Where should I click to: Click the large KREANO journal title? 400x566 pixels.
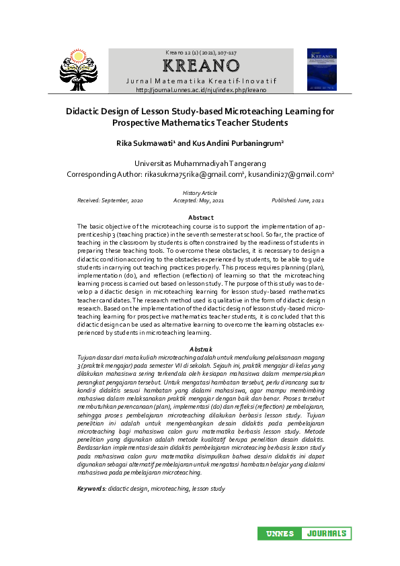[x=201, y=66]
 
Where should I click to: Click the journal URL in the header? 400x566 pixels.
[x=201, y=89]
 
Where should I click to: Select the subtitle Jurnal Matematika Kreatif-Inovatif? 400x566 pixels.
[x=201, y=81]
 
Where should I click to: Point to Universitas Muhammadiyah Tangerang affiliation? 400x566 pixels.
[x=200, y=163]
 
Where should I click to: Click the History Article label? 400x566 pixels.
[x=200, y=194]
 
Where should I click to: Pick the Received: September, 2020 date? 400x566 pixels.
[x=110, y=201]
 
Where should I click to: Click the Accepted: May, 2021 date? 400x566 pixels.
[x=199, y=201]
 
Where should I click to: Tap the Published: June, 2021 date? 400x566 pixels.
[x=298, y=201]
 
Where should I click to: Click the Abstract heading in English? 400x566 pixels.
[x=200, y=218]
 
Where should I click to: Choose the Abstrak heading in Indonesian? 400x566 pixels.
[x=200, y=349]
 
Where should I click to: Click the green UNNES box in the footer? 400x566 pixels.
[x=279, y=534]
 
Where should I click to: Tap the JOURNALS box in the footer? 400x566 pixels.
[x=326, y=534]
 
